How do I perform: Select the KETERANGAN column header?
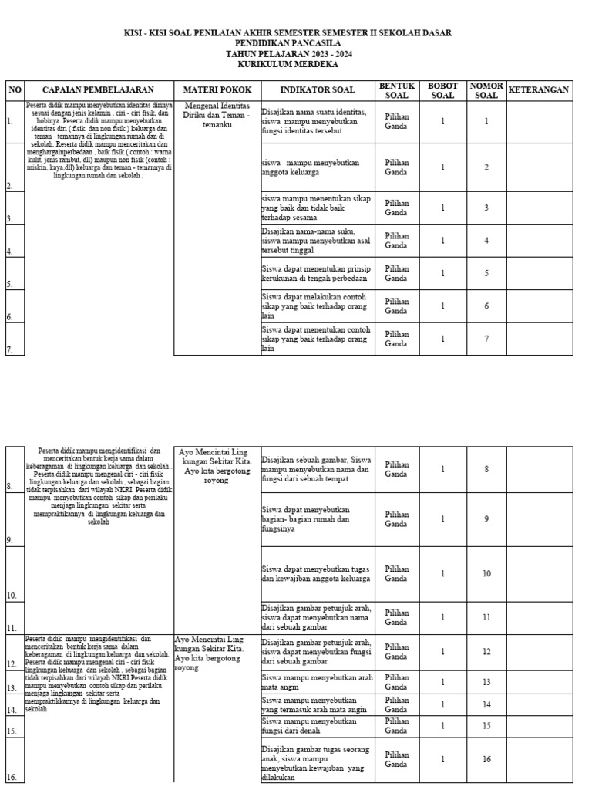[x=539, y=90]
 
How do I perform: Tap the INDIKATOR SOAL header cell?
[x=318, y=90]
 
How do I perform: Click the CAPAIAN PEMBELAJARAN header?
[x=98, y=90]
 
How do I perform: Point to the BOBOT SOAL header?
[x=442, y=90]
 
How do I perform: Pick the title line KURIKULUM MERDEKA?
[x=288, y=65]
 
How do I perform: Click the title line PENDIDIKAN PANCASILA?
[x=288, y=44]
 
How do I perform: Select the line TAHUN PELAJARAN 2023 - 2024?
[x=288, y=55]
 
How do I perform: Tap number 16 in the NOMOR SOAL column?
[x=486, y=759]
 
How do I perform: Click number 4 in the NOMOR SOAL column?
[x=486, y=240]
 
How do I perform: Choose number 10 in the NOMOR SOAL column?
[x=486, y=573]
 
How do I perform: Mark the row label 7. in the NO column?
[x=10, y=349]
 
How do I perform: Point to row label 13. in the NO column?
[x=12, y=687]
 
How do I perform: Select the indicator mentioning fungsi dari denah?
[x=309, y=726]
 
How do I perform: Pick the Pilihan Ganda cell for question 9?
[x=397, y=518]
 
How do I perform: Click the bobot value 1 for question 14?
[x=442, y=704]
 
